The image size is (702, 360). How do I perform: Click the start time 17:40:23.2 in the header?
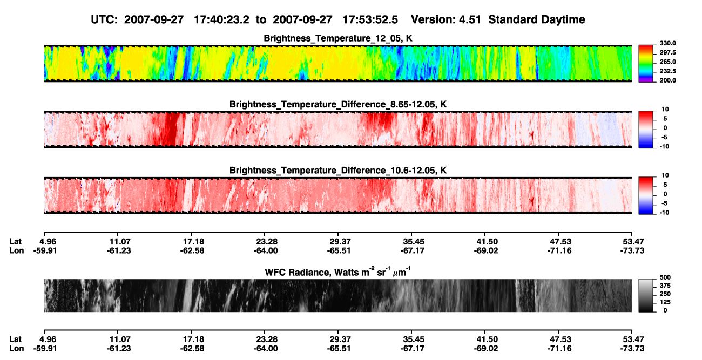tap(221, 20)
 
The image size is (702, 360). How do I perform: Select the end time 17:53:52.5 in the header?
tap(370, 20)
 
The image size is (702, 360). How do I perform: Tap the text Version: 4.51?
tap(446, 20)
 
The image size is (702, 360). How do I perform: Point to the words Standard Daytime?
tap(537, 20)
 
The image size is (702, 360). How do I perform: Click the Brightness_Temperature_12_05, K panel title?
tap(338, 38)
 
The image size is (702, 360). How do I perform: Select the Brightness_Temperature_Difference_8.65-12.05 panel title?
tap(338, 104)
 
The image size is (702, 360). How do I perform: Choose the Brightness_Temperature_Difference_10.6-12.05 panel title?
tap(338, 171)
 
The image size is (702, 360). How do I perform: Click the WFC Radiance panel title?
tap(337, 272)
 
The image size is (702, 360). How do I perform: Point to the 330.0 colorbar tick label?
tap(667, 43)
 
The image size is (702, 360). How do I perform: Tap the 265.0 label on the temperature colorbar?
tap(667, 62)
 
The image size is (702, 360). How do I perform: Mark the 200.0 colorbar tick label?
tap(667, 80)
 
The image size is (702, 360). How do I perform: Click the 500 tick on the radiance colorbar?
tap(665, 277)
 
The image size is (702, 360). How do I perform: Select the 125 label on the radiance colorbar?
tap(665, 302)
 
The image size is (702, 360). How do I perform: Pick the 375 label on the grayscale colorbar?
tap(665, 286)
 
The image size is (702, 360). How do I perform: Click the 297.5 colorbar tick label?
tap(667, 52)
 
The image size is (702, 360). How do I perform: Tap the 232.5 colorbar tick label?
tap(667, 71)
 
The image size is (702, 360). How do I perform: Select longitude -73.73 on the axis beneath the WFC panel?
tap(632, 349)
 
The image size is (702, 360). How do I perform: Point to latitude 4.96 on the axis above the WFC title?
tap(48, 242)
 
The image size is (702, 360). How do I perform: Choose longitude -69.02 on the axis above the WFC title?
tap(486, 250)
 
